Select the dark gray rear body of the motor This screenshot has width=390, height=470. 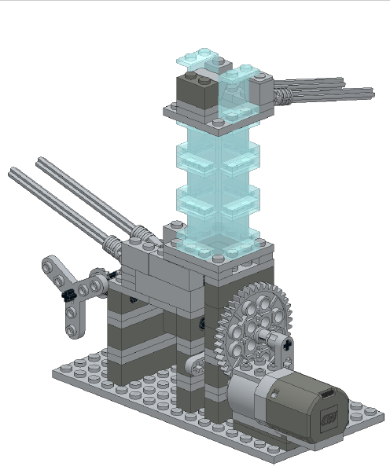coord(315,401)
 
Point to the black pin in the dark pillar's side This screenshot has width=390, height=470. coord(203,321)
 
